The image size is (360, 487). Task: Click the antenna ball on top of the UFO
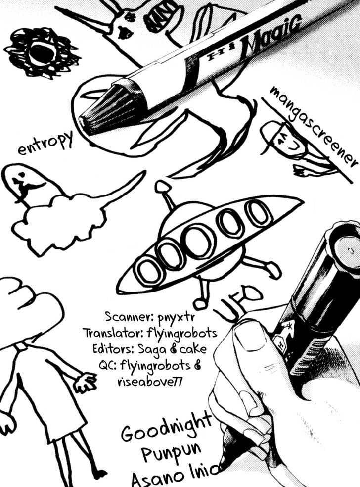[x=162, y=187]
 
